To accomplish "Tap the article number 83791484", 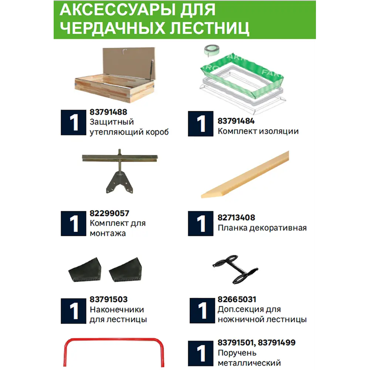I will pyautogui.click(x=236, y=121).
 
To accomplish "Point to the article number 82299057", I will pyautogui.click(x=109, y=213).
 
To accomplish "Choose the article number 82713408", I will pyautogui.click(x=236, y=218).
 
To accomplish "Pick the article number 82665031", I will pyautogui.click(x=237, y=299).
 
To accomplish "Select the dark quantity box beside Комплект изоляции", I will pyautogui.click(x=201, y=124).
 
